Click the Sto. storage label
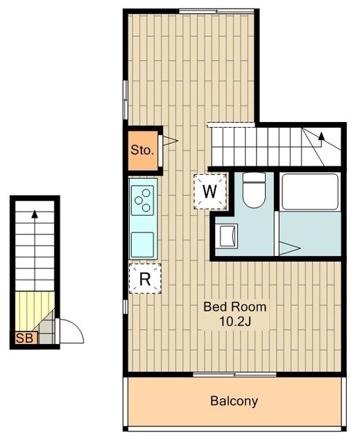click(142, 149)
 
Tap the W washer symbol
click(210, 190)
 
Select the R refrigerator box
click(145, 279)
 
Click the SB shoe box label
click(22, 339)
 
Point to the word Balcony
click(234, 401)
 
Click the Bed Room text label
click(234, 306)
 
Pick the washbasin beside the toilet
click(228, 237)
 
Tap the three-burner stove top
click(144, 199)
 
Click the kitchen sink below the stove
click(144, 243)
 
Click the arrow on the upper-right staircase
click(321, 137)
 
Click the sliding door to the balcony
click(234, 375)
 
